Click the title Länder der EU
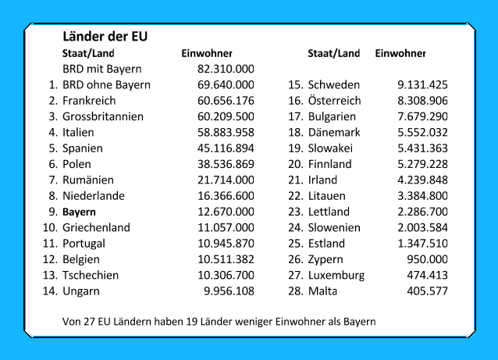[x=105, y=37]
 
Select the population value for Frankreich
[x=226, y=101]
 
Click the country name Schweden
[x=334, y=84]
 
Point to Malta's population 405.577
[x=427, y=291]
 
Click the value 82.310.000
[x=226, y=69]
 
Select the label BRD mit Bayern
[x=101, y=69]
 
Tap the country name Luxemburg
[x=336, y=275]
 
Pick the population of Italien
[x=226, y=132]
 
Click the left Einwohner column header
[x=207, y=53]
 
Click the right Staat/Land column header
[x=333, y=53]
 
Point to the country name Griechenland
[x=96, y=227]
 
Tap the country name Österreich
[x=335, y=101]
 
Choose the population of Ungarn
[x=229, y=291]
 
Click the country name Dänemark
[x=334, y=132]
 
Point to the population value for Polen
[x=226, y=164]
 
